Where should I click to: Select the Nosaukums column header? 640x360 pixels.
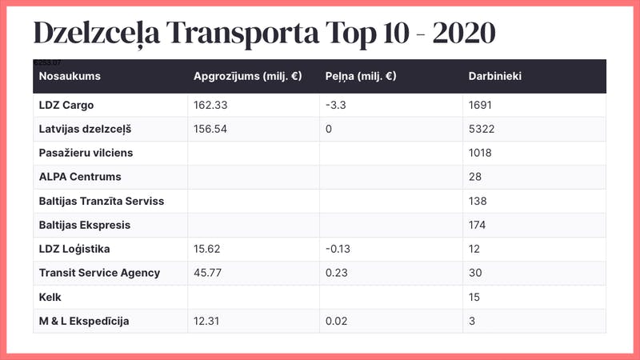point(70,77)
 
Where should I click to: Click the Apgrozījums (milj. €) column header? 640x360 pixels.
point(247,77)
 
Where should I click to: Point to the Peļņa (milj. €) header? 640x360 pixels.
point(361,77)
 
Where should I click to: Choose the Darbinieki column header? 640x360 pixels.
point(495,77)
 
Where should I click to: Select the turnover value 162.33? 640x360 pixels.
point(210,105)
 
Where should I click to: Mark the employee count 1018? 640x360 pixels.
point(480,153)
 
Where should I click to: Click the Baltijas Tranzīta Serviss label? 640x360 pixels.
point(102,201)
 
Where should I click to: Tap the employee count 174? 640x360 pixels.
point(477,225)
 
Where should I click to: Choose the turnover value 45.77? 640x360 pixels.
point(210,273)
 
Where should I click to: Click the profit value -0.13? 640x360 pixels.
point(340,249)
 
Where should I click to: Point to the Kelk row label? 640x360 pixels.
point(50,297)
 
